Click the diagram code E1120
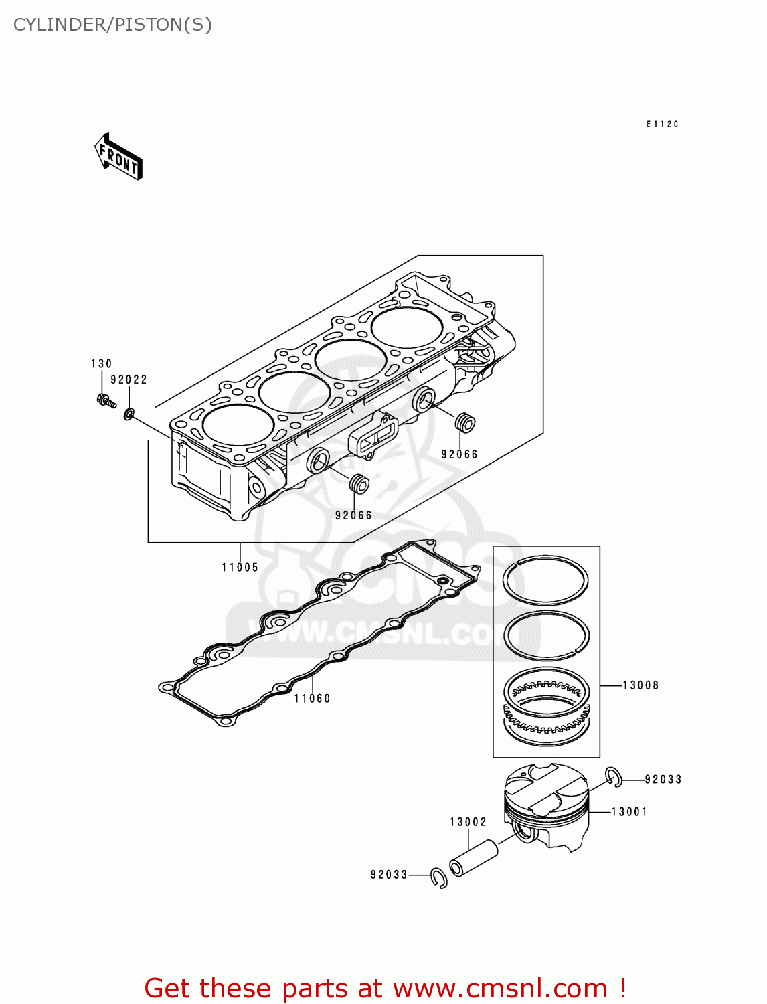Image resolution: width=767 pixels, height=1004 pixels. click(662, 124)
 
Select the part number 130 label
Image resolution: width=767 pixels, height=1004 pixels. click(101, 364)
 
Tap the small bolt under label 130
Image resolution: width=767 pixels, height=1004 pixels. click(106, 401)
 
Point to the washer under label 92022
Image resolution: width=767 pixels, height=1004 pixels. click(128, 415)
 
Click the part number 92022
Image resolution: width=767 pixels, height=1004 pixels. click(129, 380)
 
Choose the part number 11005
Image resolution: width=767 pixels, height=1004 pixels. click(240, 568)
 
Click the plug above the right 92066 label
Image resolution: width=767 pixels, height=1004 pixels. click(464, 423)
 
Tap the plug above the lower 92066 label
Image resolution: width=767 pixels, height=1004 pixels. click(359, 483)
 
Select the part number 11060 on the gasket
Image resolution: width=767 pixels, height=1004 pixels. click(312, 699)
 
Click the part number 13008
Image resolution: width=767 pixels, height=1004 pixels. click(641, 685)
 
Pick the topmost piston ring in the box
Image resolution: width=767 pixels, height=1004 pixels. click(545, 580)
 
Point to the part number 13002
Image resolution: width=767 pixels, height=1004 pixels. click(468, 822)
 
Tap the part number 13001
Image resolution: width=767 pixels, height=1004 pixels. click(629, 812)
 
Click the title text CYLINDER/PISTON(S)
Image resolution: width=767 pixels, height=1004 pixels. click(112, 25)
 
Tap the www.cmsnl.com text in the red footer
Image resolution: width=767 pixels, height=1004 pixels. click(499, 988)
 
